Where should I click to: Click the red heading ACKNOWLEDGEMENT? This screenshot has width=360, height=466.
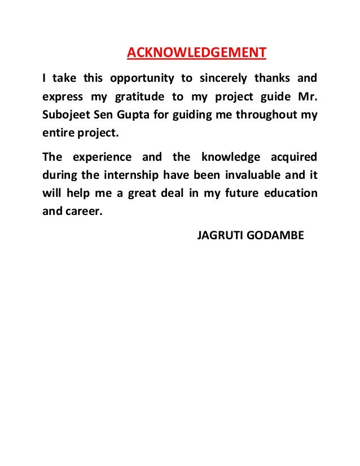click(x=196, y=53)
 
